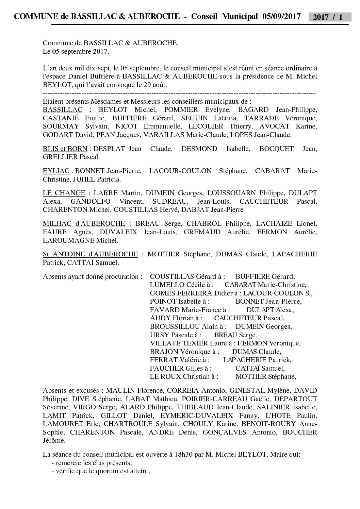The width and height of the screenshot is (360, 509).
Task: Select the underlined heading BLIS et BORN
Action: (65, 149)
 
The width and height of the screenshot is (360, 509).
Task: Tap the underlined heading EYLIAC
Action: (56, 171)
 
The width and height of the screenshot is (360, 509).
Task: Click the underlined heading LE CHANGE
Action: (64, 193)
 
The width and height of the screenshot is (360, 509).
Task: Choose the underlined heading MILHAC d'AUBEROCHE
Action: (84, 223)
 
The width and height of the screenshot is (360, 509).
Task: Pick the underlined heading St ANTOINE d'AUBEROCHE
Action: (91, 254)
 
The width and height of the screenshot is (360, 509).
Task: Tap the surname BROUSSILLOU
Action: (175, 326)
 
